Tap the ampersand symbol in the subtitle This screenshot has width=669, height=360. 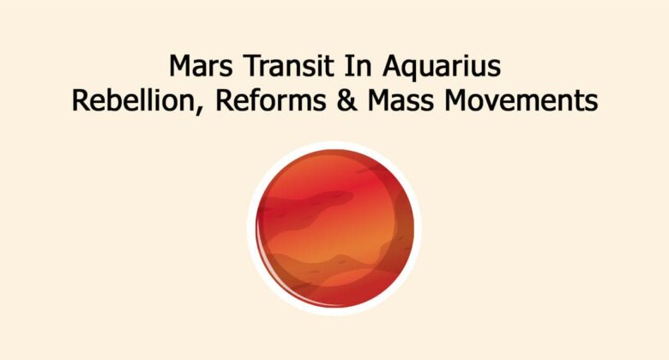click(x=329, y=100)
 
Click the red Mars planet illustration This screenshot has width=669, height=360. click(x=334, y=227)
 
